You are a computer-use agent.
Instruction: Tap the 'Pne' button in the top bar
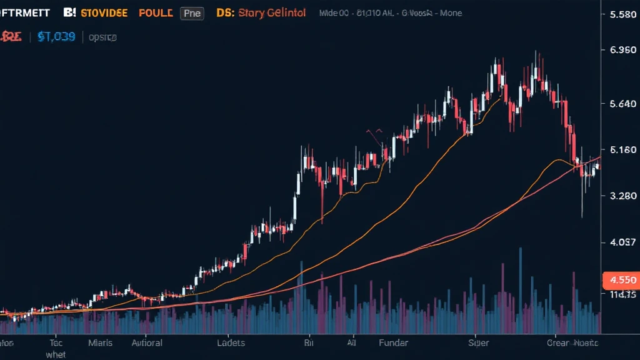coord(191,13)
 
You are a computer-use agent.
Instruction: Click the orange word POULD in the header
coord(156,12)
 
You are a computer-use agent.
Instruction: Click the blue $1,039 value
coord(56,37)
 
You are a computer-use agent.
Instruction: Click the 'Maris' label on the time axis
coord(100,342)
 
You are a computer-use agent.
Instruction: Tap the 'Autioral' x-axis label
coord(147,342)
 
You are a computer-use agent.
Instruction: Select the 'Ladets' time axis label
coord(231,342)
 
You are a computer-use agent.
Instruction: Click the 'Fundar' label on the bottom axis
coord(393,342)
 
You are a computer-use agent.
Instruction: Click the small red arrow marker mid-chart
coord(375,133)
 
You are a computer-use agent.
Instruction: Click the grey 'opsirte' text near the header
coord(102,37)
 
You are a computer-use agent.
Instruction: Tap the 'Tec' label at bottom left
coord(56,342)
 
